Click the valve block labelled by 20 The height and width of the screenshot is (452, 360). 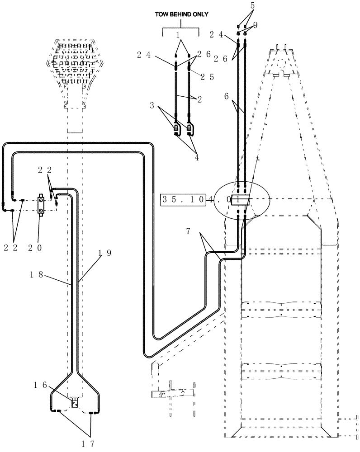[x=42, y=206]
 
